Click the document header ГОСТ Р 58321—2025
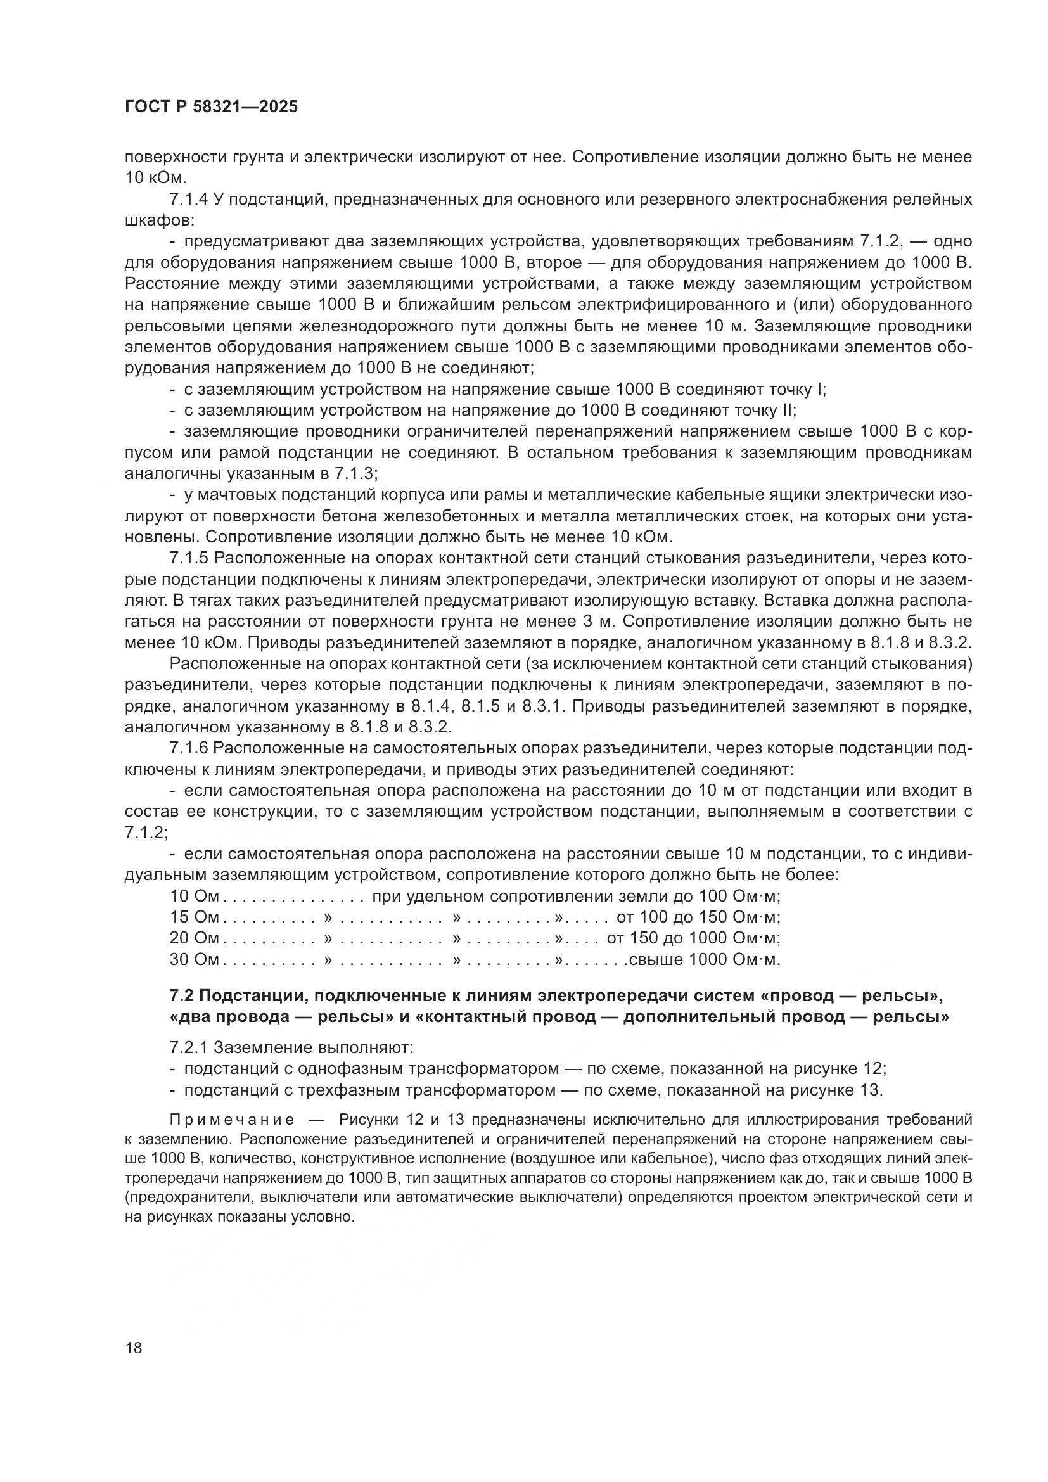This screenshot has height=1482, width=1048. click(211, 107)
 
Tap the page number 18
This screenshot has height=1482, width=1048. click(134, 1348)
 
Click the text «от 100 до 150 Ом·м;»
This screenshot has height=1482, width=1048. click(699, 917)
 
